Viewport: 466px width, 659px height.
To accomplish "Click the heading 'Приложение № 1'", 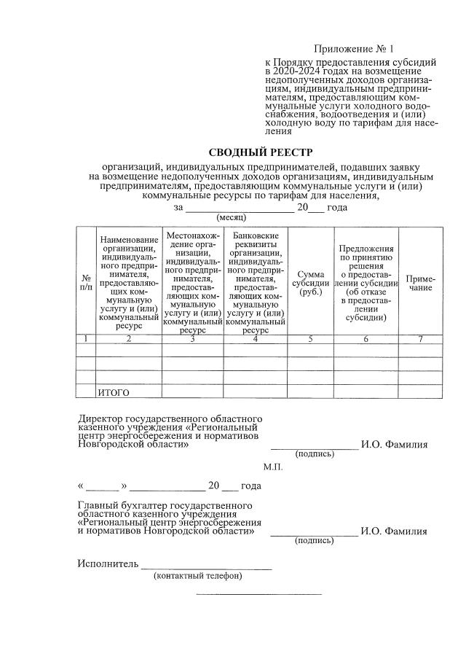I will pyautogui.click(x=353, y=50).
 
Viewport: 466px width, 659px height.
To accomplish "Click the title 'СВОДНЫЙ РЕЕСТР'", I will pyautogui.click(x=260, y=152).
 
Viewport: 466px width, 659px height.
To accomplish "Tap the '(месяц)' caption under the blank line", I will pyautogui.click(x=232, y=217).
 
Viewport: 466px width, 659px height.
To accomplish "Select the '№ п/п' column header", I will pyautogui.click(x=86, y=283).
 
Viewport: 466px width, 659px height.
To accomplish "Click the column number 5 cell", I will pyautogui.click(x=310, y=339).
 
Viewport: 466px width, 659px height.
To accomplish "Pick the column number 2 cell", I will pyautogui.click(x=129, y=339).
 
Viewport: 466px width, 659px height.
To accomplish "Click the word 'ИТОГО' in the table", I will pyautogui.click(x=114, y=393).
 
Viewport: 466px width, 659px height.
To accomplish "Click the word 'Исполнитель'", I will pyautogui.click(x=107, y=564).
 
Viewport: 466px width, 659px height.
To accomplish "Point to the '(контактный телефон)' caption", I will pyautogui.click(x=198, y=576).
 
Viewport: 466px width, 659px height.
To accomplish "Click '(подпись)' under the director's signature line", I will pyautogui.click(x=314, y=454).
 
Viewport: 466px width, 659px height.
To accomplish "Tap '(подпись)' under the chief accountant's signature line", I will pyautogui.click(x=314, y=541).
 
